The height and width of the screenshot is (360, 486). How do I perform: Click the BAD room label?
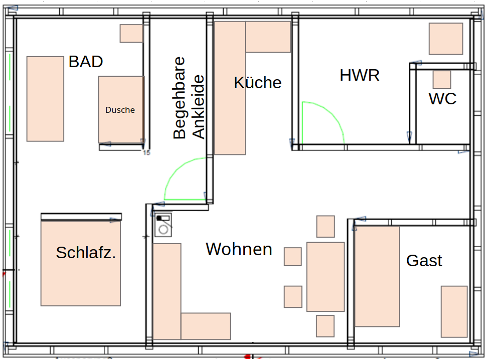click(86, 62)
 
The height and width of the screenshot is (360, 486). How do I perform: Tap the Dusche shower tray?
click(121, 110)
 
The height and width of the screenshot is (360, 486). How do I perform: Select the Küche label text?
click(257, 83)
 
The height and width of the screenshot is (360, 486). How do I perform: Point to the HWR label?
click(360, 75)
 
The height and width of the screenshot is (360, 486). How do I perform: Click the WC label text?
click(442, 99)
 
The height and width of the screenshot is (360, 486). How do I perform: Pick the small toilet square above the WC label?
click(442, 80)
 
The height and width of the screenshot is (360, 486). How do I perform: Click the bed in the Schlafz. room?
click(81, 263)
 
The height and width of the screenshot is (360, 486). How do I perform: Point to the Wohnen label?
click(239, 249)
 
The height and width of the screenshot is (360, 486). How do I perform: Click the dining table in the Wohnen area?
click(326, 276)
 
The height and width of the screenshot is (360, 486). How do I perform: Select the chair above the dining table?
click(326, 226)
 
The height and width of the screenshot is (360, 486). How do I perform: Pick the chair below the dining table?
click(325, 326)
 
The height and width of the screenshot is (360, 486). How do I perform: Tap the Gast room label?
click(424, 261)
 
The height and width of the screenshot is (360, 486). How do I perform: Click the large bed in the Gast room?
click(377, 276)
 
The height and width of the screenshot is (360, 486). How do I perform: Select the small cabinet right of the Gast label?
click(454, 311)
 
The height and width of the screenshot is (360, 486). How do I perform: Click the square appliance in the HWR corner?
click(445, 39)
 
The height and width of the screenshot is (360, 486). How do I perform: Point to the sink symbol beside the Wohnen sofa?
click(163, 225)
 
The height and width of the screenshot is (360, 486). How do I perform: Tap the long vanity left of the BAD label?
click(45, 99)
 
